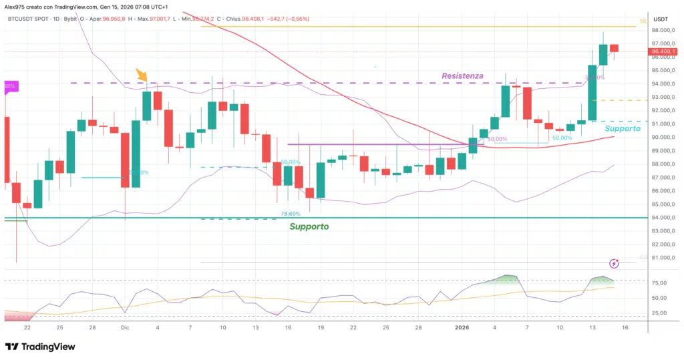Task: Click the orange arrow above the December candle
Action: pos(142,75)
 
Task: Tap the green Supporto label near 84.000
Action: pos(309,226)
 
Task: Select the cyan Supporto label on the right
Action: pos(623,128)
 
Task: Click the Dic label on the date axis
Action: pos(125,328)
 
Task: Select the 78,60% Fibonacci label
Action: pos(289,214)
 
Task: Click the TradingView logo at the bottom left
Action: pos(40,347)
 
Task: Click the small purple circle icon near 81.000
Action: pos(615,264)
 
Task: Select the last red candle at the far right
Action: pos(614,48)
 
